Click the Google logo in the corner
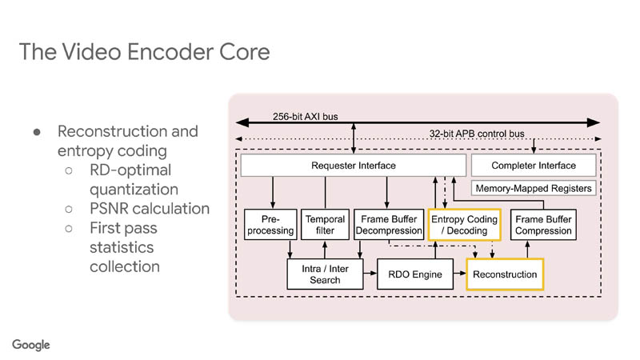click(x=31, y=345)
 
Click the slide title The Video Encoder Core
click(x=144, y=53)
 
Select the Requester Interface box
click(x=353, y=166)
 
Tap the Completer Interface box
click(x=534, y=166)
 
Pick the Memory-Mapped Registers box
click(x=534, y=189)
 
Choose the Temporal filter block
click(x=325, y=225)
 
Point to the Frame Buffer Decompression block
click(x=388, y=225)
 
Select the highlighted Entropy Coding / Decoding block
click(x=464, y=225)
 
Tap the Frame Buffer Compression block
click(x=543, y=225)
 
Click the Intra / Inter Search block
click(x=324, y=274)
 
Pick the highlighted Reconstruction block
click(x=505, y=274)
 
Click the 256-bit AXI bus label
click(x=304, y=116)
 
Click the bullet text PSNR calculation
click(x=150, y=209)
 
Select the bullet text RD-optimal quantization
click(x=134, y=180)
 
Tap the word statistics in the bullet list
click(x=122, y=247)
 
